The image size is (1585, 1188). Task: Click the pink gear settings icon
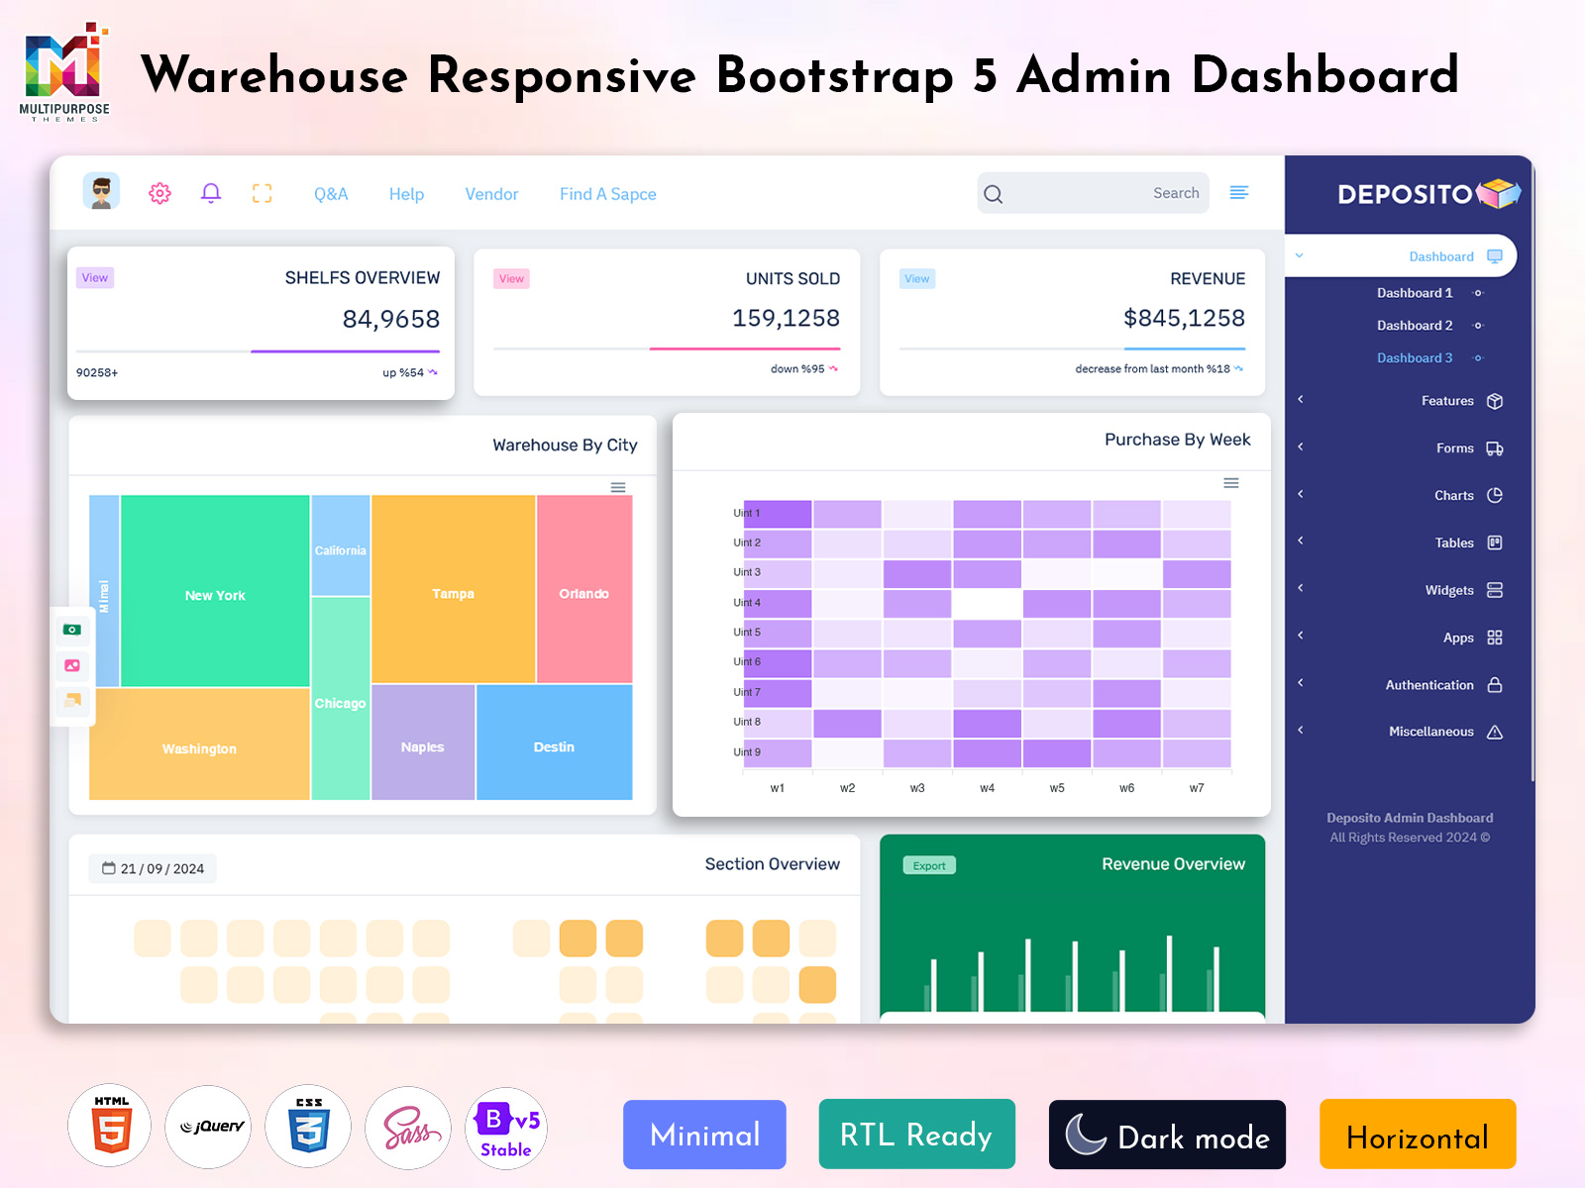click(159, 193)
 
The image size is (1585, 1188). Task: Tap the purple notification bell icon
click(211, 193)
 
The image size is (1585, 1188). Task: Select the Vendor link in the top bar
click(491, 194)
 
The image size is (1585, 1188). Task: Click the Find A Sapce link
click(608, 194)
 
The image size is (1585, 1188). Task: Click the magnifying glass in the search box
click(994, 194)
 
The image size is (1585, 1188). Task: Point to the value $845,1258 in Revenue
click(1184, 318)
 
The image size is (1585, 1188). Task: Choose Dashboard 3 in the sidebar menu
click(1415, 357)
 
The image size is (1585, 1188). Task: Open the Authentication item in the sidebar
click(1429, 684)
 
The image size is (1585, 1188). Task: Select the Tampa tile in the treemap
click(453, 589)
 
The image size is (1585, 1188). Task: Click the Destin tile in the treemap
click(554, 742)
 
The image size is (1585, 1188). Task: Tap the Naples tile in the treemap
click(422, 742)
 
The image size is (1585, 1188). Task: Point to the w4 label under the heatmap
click(987, 788)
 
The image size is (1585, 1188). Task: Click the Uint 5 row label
click(747, 632)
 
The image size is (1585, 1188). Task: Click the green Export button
click(929, 865)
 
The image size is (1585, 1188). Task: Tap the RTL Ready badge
click(916, 1134)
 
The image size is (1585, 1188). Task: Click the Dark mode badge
click(1167, 1135)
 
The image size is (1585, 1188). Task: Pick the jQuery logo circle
click(209, 1127)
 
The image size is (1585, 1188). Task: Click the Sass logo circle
click(408, 1128)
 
